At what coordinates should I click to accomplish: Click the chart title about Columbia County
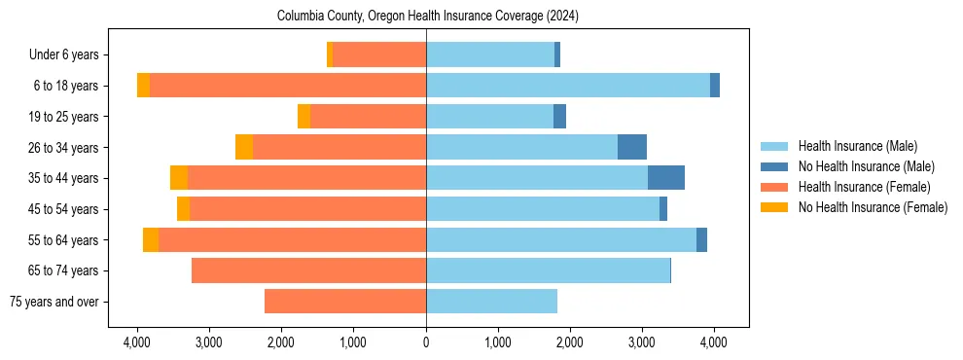tap(427, 17)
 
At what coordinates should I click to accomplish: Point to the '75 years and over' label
tap(57, 302)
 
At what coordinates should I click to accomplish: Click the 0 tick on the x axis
tap(426, 342)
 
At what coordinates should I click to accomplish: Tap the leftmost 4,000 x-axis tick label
tap(137, 342)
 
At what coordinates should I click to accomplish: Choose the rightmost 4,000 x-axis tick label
tap(714, 342)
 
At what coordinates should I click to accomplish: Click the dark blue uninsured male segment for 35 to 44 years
tap(666, 178)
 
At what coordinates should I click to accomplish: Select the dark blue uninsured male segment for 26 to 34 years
tap(632, 147)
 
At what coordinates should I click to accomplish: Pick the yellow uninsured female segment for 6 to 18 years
tap(144, 86)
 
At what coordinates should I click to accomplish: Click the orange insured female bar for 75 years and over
tap(345, 302)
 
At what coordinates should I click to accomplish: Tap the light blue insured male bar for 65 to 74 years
tap(548, 270)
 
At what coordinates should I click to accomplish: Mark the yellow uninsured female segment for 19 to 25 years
tap(303, 117)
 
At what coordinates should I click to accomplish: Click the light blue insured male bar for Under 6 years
tap(490, 55)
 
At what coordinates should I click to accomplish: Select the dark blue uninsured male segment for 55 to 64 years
tap(701, 239)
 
